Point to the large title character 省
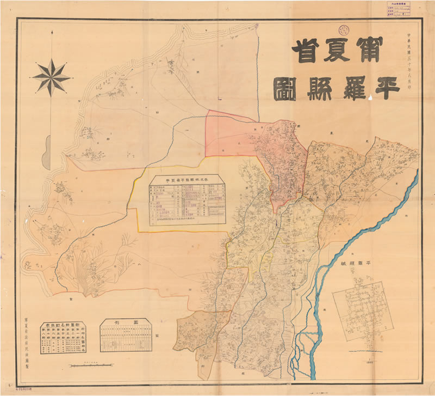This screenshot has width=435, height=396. (x=306, y=52)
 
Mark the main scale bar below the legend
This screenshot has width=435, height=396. (x=90, y=363)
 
